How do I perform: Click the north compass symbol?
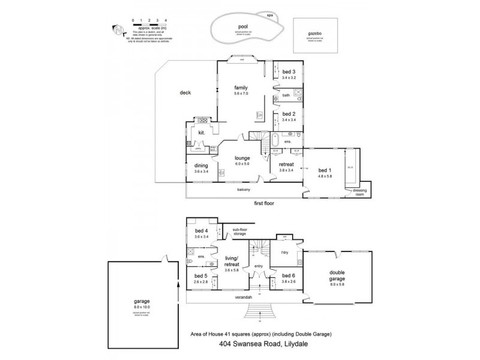(x=118, y=28)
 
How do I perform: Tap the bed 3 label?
(x=289, y=72)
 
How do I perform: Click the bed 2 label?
(x=289, y=113)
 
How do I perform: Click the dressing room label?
(x=359, y=193)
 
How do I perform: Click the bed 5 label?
(x=200, y=276)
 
